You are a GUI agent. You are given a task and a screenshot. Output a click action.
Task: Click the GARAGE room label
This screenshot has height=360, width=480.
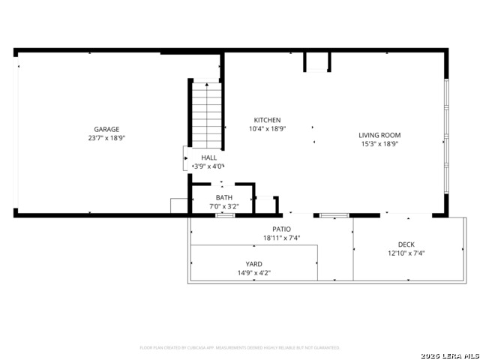click(x=106, y=129)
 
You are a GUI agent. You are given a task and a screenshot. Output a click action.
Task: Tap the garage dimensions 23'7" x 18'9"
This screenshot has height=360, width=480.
click(x=106, y=138)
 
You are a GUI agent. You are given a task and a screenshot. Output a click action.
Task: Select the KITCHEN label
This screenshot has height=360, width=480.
click(x=267, y=120)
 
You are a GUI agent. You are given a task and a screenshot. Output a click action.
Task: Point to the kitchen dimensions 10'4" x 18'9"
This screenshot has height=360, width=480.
click(x=267, y=129)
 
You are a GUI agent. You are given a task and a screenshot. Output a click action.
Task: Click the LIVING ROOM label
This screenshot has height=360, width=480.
click(x=379, y=135)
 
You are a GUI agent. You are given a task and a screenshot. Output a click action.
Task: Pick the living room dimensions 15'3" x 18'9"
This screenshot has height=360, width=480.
click(x=379, y=144)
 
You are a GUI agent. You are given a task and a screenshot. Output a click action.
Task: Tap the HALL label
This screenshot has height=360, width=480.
click(x=209, y=157)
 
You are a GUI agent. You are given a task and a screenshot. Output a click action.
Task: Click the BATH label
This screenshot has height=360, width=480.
click(x=224, y=197)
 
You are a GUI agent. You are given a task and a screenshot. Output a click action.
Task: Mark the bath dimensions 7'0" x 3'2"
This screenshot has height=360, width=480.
click(x=224, y=205)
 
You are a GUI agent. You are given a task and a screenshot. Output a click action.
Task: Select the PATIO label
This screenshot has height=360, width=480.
click(x=281, y=229)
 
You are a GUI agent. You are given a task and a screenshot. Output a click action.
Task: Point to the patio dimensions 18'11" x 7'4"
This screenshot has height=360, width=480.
click(x=281, y=238)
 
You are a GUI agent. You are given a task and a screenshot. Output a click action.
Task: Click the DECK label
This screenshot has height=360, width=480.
click(x=406, y=244)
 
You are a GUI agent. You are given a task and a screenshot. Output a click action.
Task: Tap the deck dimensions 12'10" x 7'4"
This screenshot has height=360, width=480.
click(x=406, y=253)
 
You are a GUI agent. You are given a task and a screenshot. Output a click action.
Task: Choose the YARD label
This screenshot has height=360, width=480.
click(x=254, y=264)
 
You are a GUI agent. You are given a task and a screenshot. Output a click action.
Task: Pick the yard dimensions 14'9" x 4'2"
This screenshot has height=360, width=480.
click(x=254, y=273)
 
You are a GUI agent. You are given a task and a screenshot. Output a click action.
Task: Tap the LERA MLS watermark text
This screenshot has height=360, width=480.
click(x=450, y=355)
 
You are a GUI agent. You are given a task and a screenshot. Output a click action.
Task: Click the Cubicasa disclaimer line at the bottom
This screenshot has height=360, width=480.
click(x=240, y=348)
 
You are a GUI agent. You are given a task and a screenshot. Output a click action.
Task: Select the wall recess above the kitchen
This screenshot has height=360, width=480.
click(x=316, y=61)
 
